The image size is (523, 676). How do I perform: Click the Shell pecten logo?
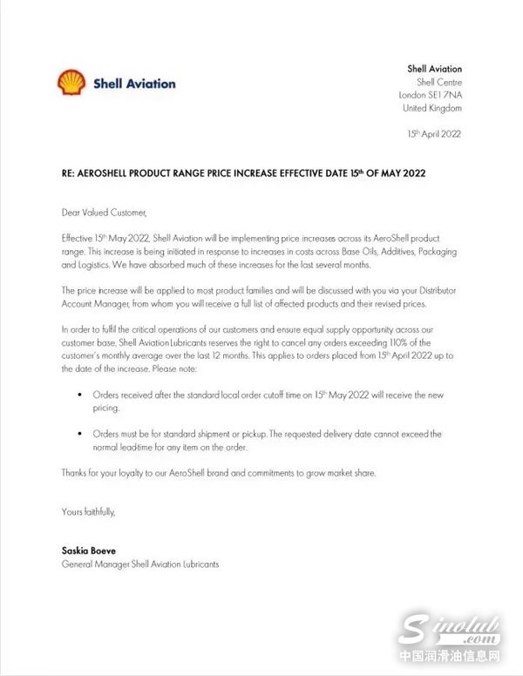pyautogui.click(x=71, y=83)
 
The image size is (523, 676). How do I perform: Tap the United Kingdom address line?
pyautogui.click(x=432, y=108)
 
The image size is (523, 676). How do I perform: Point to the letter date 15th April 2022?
pyautogui.click(x=434, y=134)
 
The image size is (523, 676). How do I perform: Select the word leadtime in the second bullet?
pyautogui.click(x=144, y=447)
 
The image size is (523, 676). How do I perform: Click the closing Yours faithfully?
pyautogui.click(x=88, y=511)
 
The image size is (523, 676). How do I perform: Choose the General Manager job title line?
pyautogui.click(x=140, y=564)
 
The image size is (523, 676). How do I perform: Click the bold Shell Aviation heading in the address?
pyautogui.click(x=434, y=69)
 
